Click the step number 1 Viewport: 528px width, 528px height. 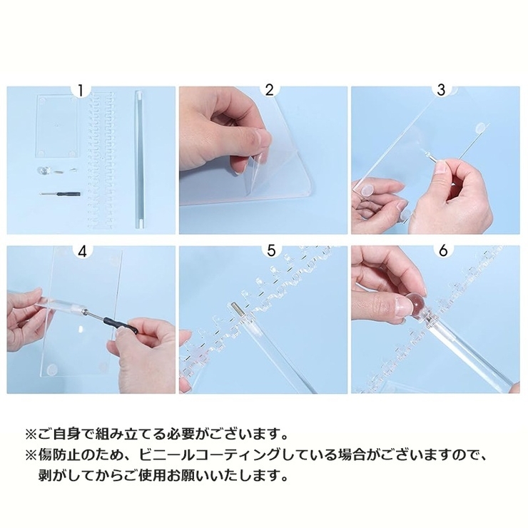click(82, 90)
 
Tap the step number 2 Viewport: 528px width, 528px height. click(269, 90)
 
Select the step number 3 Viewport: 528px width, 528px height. click(442, 90)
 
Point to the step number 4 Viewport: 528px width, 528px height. click(82, 250)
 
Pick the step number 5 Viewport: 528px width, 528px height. click(269, 250)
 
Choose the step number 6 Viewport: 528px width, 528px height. click(442, 250)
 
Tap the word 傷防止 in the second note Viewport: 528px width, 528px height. click(54, 454)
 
